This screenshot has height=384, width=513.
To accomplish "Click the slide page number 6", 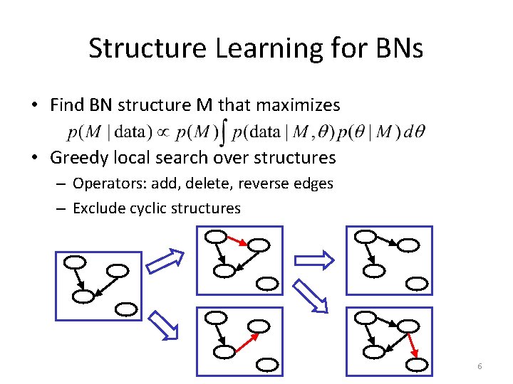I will [x=480, y=366].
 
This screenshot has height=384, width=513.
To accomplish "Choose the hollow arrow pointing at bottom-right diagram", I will [x=313, y=297].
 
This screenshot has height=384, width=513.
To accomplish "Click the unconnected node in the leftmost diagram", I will [x=125, y=309].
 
